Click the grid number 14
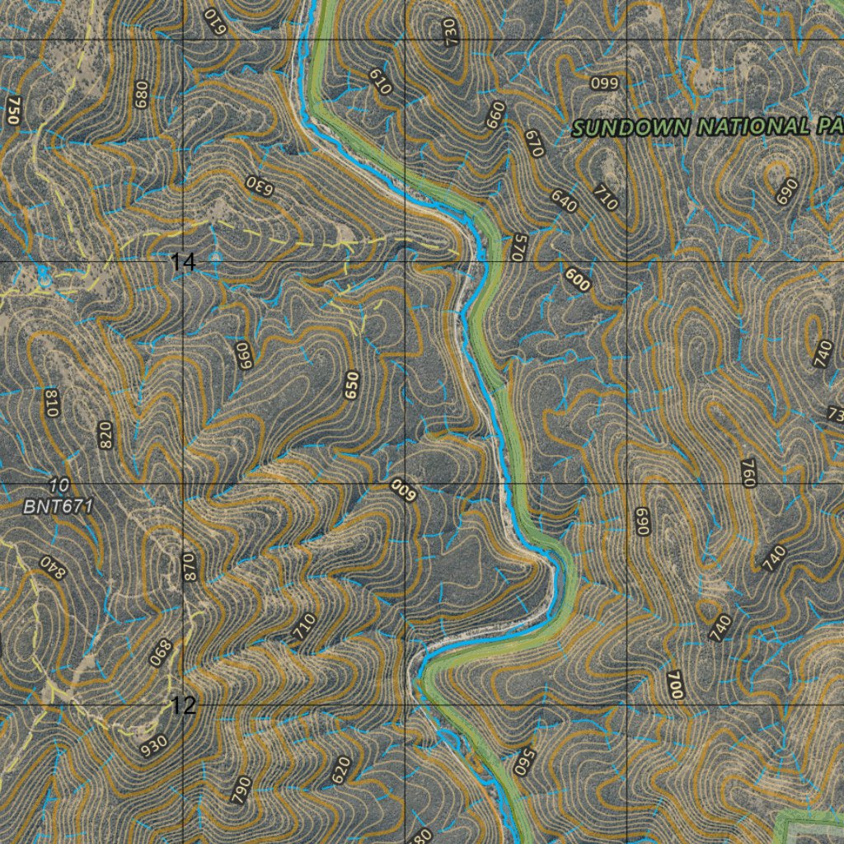pyautogui.click(x=184, y=263)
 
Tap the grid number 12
pyautogui.click(x=184, y=706)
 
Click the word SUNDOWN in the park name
pyautogui.click(x=632, y=129)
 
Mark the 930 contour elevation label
pyautogui.click(x=154, y=746)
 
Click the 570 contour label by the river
pyautogui.click(x=517, y=247)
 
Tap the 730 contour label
pyautogui.click(x=450, y=31)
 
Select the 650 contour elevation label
pyautogui.click(x=353, y=386)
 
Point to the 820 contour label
pyautogui.click(x=105, y=434)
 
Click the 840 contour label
pyautogui.click(x=51, y=568)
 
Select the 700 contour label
pyautogui.click(x=677, y=685)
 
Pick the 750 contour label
pyautogui.click(x=12, y=110)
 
